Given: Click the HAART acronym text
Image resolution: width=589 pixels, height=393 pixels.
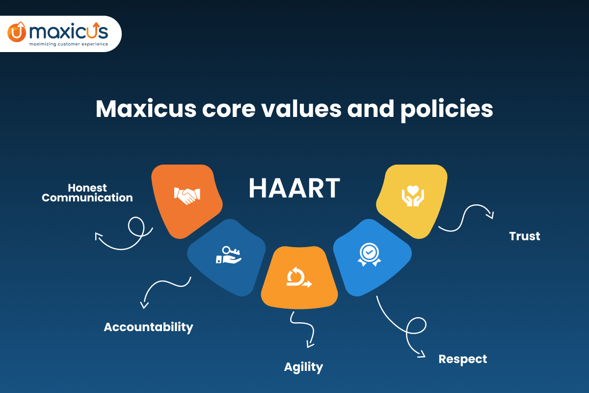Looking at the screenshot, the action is pyautogui.click(x=294, y=188).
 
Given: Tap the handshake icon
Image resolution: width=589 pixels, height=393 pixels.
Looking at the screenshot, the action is pyautogui.click(x=187, y=196).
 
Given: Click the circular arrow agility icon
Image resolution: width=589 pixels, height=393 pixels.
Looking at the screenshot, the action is pyautogui.click(x=299, y=277).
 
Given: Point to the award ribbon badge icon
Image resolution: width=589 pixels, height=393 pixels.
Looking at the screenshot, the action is pyautogui.click(x=369, y=254).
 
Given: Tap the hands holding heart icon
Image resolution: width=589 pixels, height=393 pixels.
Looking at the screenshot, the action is pyautogui.click(x=413, y=196).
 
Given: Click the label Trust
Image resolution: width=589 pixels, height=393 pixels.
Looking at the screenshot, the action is pyautogui.click(x=525, y=236).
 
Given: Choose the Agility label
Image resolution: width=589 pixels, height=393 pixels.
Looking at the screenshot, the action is pyautogui.click(x=303, y=367).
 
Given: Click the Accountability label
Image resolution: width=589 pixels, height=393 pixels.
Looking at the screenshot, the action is pyautogui.click(x=149, y=328).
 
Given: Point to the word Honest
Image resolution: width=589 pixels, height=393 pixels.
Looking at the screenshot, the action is pyautogui.click(x=87, y=188).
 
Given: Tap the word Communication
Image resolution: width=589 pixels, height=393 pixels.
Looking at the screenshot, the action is pyautogui.click(x=87, y=197).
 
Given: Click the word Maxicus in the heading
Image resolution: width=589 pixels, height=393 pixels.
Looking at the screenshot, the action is pyautogui.click(x=146, y=109).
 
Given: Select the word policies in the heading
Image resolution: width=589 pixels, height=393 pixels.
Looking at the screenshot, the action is pyautogui.click(x=447, y=110).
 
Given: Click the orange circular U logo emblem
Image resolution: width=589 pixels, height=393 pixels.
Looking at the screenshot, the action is pyautogui.click(x=17, y=32).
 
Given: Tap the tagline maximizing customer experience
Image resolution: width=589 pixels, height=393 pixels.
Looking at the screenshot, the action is pyautogui.click(x=69, y=44).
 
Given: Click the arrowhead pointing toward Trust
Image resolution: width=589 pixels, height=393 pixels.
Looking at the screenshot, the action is pyautogui.click(x=491, y=215).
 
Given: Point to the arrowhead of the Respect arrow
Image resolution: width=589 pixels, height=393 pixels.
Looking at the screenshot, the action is pyautogui.click(x=422, y=354).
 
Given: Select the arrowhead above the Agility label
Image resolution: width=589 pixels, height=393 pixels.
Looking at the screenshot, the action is pyautogui.click(x=310, y=344).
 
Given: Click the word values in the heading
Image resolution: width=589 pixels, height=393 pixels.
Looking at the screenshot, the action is pyautogui.click(x=301, y=109).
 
